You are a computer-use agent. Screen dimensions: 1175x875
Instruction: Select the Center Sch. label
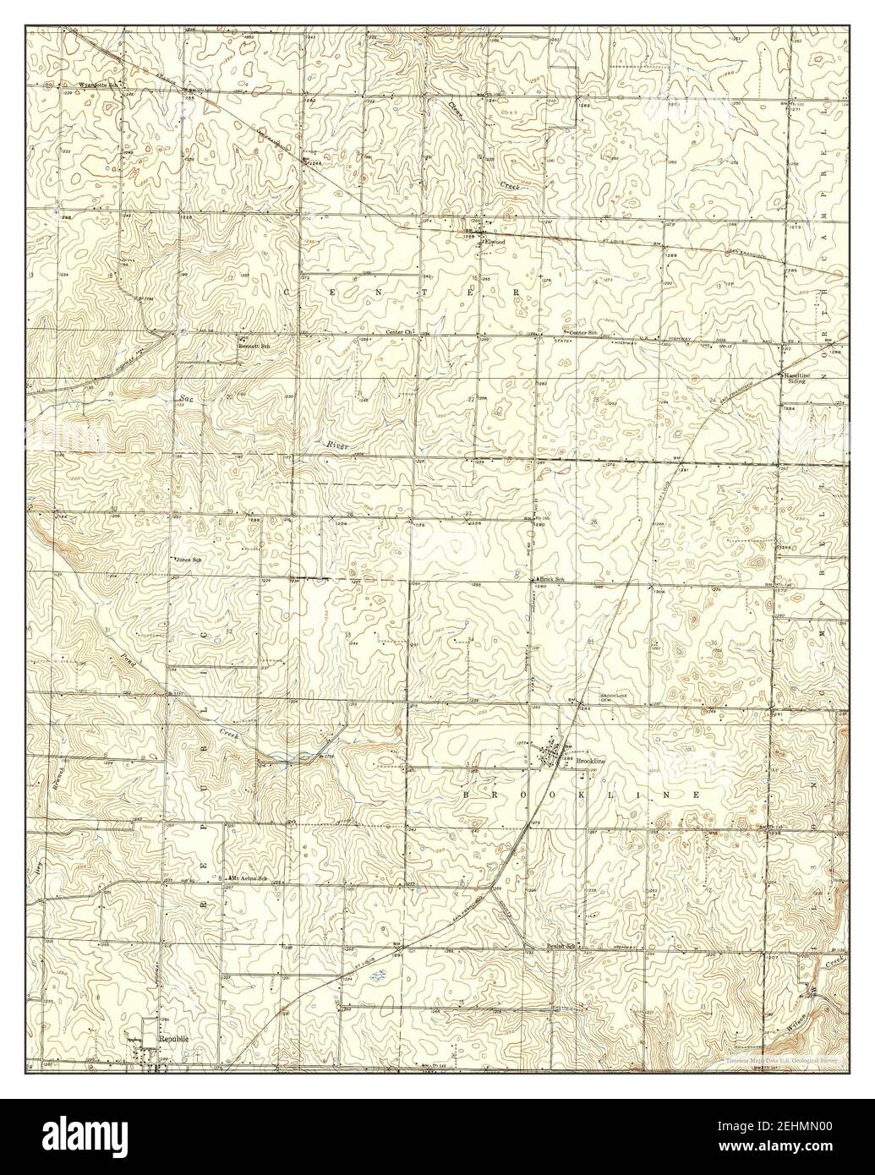pos(583,332)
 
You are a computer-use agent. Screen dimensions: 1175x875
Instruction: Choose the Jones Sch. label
pos(187,560)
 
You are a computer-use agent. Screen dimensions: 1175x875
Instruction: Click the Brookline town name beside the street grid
pos(590,762)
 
